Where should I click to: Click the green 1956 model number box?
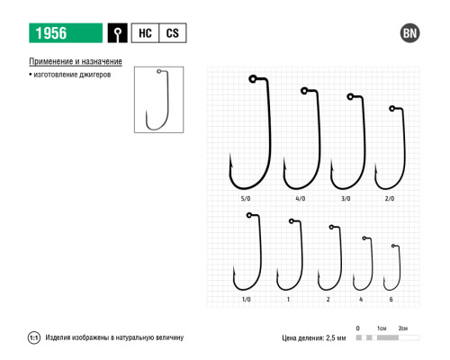point(66,33)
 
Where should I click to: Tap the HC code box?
point(145,33)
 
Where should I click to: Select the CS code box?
point(173,33)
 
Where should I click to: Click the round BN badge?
point(409,33)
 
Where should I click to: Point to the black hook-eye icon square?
point(118,33)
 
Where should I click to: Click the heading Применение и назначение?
point(76,61)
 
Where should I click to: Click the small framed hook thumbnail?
point(159,100)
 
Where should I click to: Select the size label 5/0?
point(246,199)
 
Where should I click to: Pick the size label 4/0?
point(301,199)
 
